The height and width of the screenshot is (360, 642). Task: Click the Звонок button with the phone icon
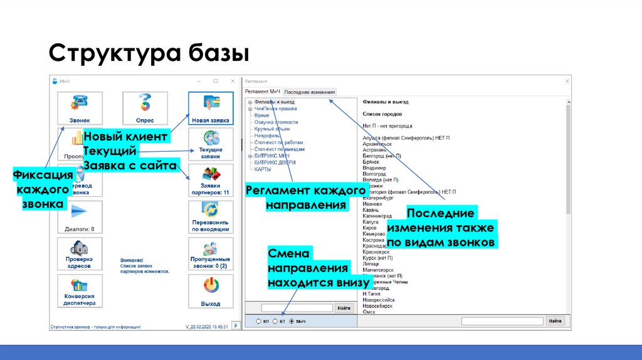tap(79, 109)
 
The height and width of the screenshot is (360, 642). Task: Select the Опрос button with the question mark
tap(145, 109)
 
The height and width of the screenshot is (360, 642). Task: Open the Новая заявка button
tap(211, 109)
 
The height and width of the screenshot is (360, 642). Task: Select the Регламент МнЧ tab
tap(263, 92)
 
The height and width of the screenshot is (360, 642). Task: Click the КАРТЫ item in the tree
tap(263, 169)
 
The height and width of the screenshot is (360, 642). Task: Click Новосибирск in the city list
tap(378, 307)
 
